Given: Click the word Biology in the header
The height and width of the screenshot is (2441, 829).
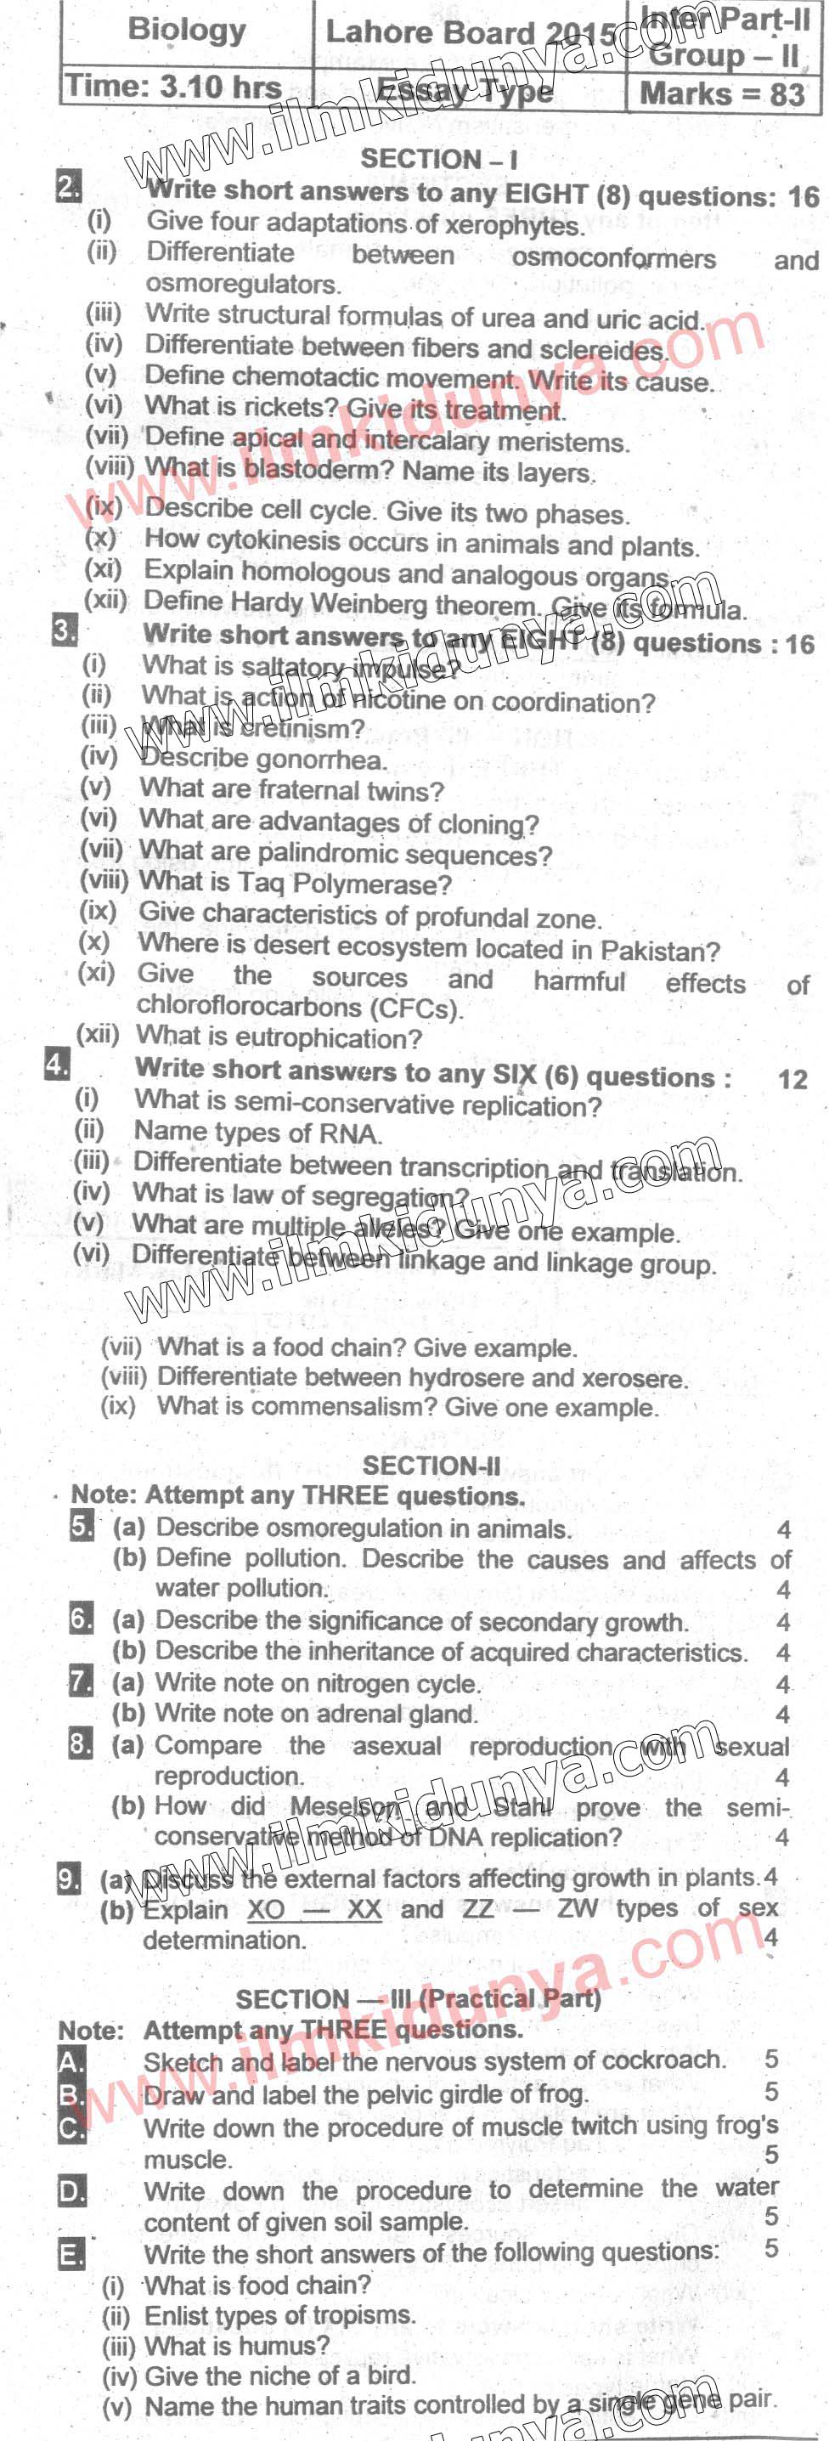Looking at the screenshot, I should (186, 31).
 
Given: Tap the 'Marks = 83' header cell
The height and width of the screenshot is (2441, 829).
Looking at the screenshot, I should (722, 93).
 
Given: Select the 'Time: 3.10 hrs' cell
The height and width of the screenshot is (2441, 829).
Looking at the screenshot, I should (173, 88).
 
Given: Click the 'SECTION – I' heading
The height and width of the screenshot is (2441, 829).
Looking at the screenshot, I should (438, 159).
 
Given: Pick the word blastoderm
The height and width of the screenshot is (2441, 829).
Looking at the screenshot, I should (319, 469).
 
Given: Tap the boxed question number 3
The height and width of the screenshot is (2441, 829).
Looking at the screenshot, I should (65, 630).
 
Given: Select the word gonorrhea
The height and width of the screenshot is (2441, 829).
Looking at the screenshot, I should (320, 760).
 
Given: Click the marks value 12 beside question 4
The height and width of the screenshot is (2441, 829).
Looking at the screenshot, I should (792, 1079).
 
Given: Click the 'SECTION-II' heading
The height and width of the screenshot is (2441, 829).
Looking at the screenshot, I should (431, 1465).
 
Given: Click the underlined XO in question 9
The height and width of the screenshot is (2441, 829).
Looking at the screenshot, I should (265, 1908).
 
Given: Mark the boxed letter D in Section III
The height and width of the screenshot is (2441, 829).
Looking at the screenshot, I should (72, 2192).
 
